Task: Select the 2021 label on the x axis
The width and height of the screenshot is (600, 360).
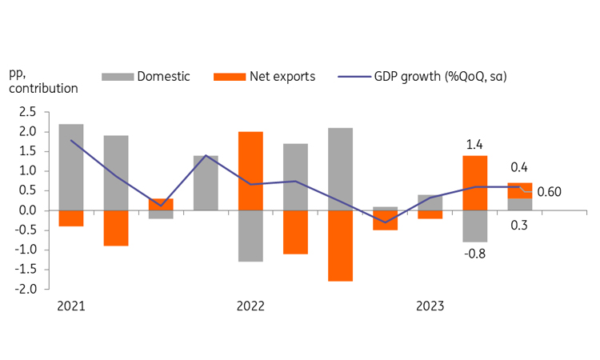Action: point(71,306)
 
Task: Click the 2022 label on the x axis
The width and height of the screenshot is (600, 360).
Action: point(250,306)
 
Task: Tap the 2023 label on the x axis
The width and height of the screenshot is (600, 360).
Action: point(429,306)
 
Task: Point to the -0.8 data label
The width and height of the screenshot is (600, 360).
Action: point(474,254)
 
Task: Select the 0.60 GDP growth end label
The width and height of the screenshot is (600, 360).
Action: point(549,192)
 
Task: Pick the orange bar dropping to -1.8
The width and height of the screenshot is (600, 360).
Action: point(339,246)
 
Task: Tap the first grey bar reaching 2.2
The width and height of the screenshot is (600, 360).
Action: point(71,167)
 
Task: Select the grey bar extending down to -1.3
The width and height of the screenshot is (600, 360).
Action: point(250,236)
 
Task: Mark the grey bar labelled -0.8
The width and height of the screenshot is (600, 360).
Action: point(474,226)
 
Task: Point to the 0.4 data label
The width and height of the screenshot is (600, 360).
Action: point(519,167)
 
